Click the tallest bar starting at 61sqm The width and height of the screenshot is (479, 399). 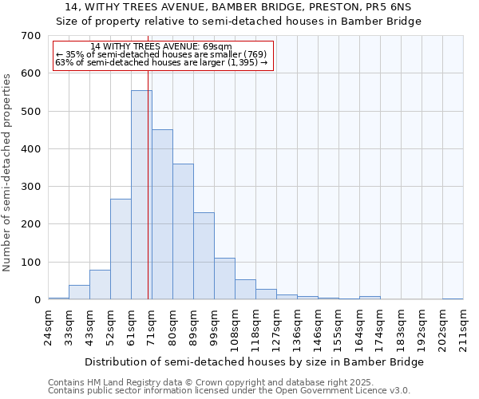[141, 195]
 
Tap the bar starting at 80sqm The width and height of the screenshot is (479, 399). [183, 231]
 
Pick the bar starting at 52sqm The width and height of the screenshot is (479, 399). [121, 249]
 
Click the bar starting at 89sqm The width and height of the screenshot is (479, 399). [204, 255]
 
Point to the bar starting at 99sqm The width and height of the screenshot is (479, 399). [224, 279]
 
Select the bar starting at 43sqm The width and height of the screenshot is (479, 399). [100, 284]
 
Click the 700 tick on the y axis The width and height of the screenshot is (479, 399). [31, 36]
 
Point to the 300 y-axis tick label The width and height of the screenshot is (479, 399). [31, 187]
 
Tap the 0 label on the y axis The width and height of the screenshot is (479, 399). [37, 300]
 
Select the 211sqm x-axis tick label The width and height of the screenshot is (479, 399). [464, 325]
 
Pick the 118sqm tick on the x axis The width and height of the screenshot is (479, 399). [256, 325]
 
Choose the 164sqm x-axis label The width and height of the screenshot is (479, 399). [360, 325]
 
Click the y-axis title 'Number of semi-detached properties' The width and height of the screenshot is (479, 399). [7, 172]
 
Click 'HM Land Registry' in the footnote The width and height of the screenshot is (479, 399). [117, 382]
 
